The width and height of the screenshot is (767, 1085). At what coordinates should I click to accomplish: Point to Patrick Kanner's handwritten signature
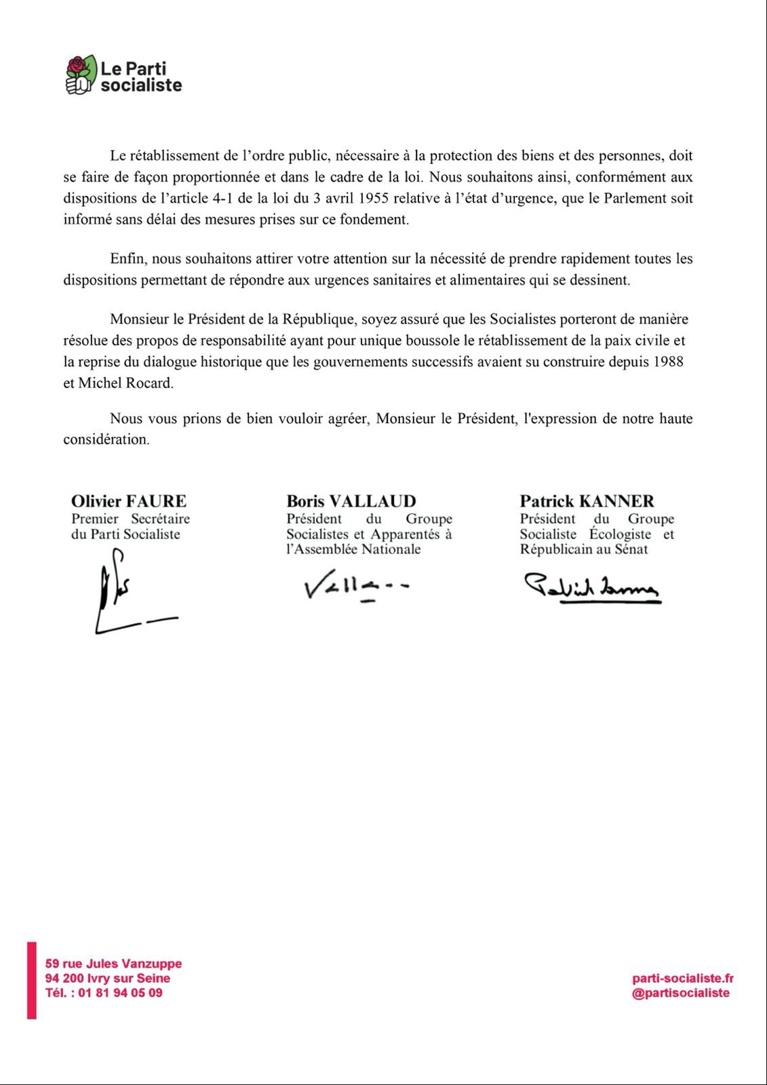pyautogui.click(x=591, y=587)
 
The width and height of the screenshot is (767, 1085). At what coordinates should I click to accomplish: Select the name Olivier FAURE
pyautogui.click(x=129, y=501)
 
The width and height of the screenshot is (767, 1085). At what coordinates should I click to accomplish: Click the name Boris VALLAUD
pyautogui.click(x=351, y=501)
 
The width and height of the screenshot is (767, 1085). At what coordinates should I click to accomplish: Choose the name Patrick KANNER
pyautogui.click(x=587, y=501)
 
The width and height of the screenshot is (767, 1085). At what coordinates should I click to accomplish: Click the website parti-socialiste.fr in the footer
pyautogui.click(x=682, y=978)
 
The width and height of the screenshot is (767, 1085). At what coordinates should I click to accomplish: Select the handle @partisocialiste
pyautogui.click(x=681, y=993)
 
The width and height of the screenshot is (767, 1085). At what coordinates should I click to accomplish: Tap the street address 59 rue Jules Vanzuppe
pyautogui.click(x=114, y=963)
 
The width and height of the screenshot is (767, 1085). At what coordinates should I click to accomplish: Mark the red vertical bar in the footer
pyautogui.click(x=31, y=980)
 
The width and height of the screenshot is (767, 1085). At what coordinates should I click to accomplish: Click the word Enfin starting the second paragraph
pyautogui.click(x=127, y=258)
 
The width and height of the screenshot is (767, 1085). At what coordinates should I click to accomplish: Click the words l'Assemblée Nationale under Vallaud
pyautogui.click(x=353, y=549)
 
